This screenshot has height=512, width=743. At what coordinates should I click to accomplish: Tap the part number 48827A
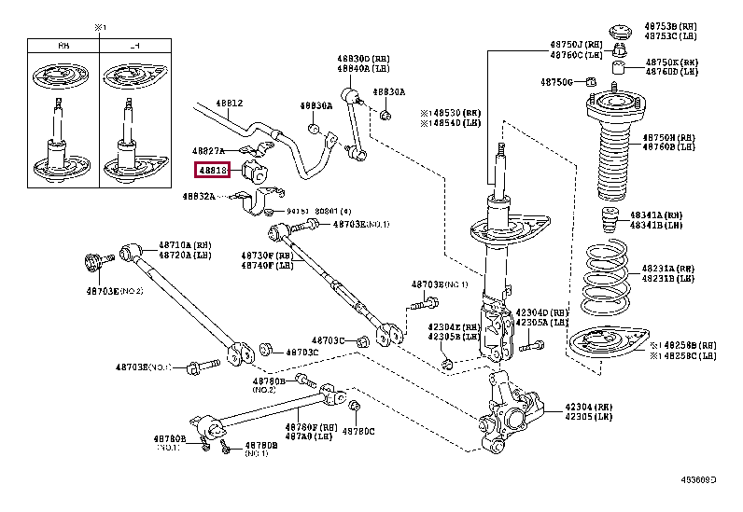click(210, 150)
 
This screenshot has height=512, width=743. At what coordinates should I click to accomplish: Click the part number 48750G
click(557, 82)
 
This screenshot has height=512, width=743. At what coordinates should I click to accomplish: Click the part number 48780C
click(357, 431)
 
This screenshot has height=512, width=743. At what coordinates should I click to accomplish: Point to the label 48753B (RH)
click(671, 25)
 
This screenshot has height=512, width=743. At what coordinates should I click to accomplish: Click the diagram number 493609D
click(697, 480)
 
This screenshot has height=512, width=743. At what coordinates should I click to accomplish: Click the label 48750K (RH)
click(671, 62)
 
